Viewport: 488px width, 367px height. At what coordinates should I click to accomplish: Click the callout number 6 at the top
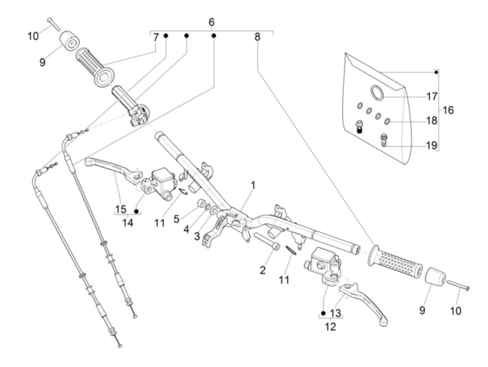pyautogui.click(x=211, y=22)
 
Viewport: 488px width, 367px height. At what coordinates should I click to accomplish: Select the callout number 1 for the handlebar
pyautogui.click(x=253, y=185)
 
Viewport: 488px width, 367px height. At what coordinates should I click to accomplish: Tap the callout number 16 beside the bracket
pyautogui.click(x=448, y=110)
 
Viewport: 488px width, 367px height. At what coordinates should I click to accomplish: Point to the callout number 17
pyautogui.click(x=432, y=96)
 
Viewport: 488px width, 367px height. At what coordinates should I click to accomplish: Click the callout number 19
pyautogui.click(x=432, y=145)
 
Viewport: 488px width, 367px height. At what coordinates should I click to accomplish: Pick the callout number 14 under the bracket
pyautogui.click(x=128, y=222)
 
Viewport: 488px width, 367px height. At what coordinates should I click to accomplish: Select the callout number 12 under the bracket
pyautogui.click(x=330, y=327)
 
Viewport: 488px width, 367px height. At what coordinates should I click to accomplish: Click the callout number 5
pyautogui.click(x=177, y=219)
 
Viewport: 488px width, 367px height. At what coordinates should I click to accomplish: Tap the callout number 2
pyautogui.click(x=262, y=270)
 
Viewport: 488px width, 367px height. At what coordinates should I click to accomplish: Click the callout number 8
pyautogui.click(x=257, y=37)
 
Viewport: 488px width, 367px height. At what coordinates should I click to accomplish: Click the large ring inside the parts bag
pyautogui.click(x=377, y=92)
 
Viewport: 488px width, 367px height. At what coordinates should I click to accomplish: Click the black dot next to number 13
pyautogui.click(x=323, y=313)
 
